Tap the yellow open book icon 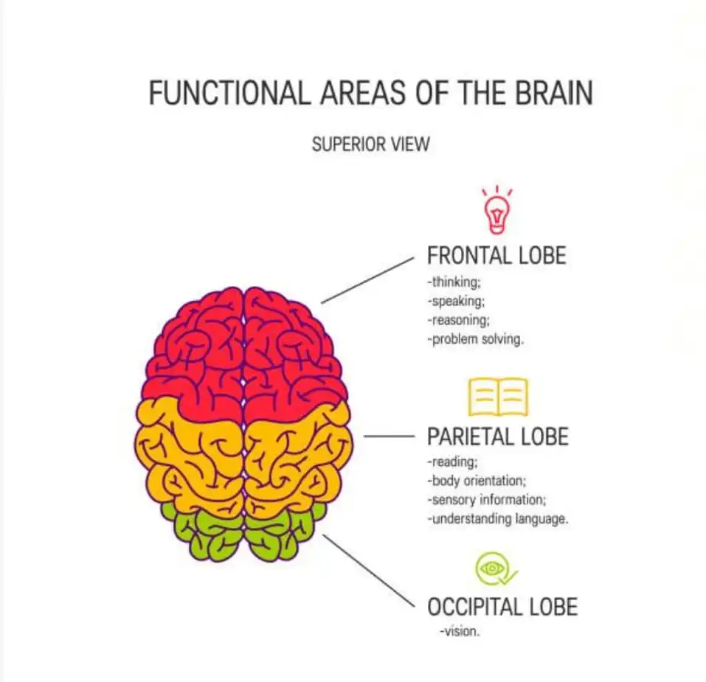(498, 397)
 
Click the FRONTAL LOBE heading (496, 256)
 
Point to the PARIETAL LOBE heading (498, 436)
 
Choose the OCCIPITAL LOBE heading (502, 607)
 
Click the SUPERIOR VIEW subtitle (370, 144)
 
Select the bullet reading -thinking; (452, 281)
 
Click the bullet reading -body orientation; (477, 481)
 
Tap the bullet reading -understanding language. (497, 519)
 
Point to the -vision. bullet (460, 632)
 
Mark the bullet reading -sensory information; (486, 500)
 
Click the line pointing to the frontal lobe (368, 280)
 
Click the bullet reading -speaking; (455, 301)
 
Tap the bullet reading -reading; (452, 462)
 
